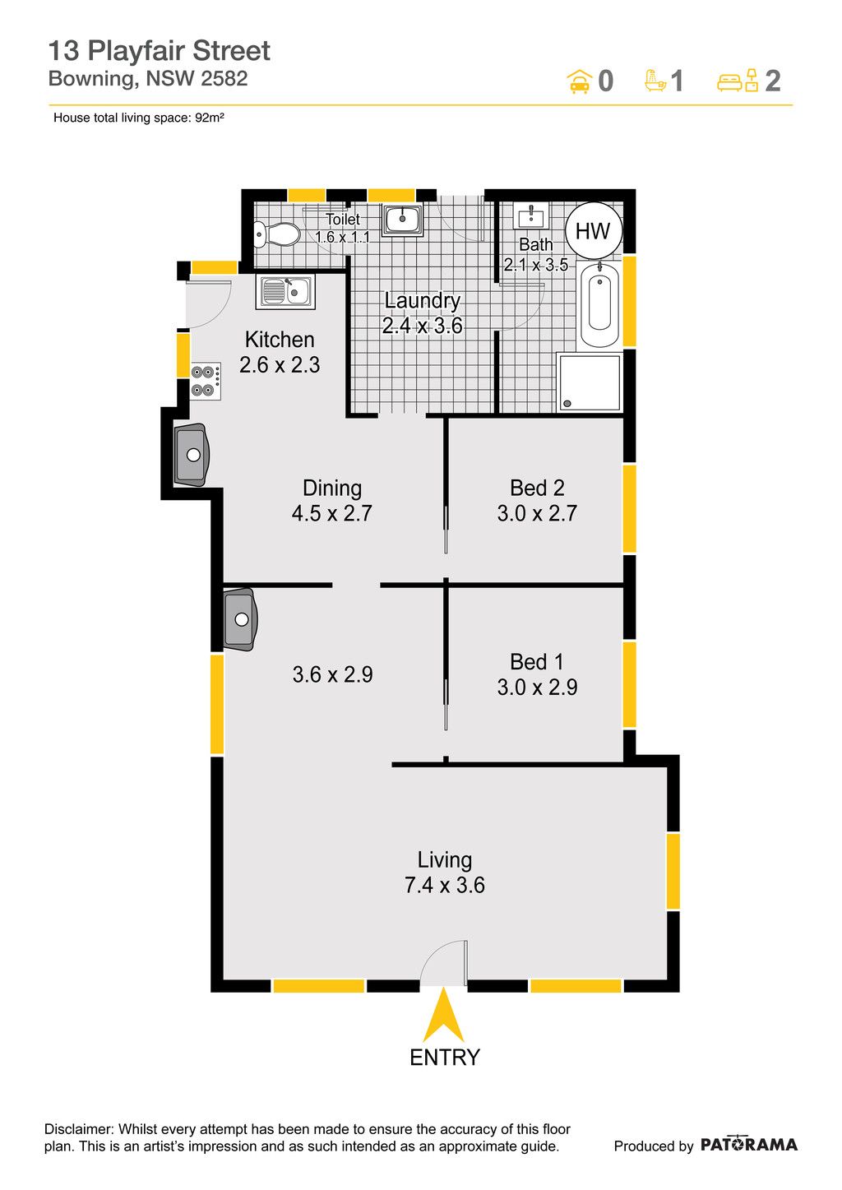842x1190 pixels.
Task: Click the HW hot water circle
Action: (593, 230)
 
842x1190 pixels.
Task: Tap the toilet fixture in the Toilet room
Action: (276, 234)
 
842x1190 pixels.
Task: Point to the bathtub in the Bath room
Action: (599, 305)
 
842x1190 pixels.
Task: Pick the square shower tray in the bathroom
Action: (589, 382)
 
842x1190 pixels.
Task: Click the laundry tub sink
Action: (403, 220)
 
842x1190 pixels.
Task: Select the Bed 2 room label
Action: (537, 488)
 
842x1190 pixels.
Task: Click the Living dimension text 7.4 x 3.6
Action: (445, 885)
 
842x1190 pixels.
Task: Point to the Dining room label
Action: (332, 489)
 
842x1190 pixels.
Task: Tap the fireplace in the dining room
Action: (192, 455)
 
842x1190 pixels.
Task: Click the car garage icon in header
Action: (580, 81)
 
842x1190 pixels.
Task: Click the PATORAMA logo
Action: (748, 1145)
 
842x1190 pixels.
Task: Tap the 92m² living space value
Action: (210, 118)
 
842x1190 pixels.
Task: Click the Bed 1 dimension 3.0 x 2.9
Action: (537, 688)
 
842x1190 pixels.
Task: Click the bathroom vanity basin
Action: (530, 215)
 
